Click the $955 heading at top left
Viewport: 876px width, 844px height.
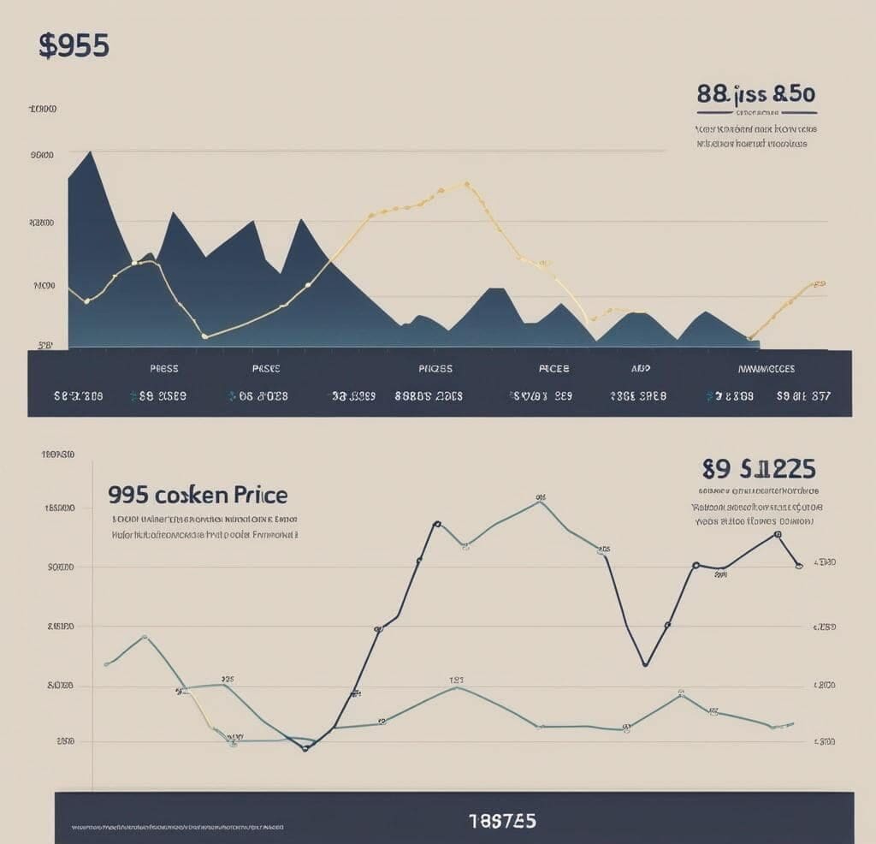pyautogui.click(x=74, y=46)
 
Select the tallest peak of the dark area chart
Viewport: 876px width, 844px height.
pyautogui.click(x=90, y=152)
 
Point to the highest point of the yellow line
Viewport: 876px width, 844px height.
pyautogui.click(x=465, y=183)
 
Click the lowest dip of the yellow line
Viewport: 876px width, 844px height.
pyautogui.click(x=204, y=336)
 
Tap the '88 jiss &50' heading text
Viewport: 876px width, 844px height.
pyautogui.click(x=756, y=93)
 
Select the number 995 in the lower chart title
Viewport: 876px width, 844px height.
pyautogui.click(x=128, y=495)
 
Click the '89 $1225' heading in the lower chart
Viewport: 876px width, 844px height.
pyautogui.click(x=758, y=469)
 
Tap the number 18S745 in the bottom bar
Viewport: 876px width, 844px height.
pyautogui.click(x=502, y=821)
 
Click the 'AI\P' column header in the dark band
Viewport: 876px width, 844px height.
pyautogui.click(x=641, y=369)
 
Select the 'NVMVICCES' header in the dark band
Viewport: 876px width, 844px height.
pyautogui.click(x=766, y=369)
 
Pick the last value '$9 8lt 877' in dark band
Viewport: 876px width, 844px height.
pyautogui.click(x=802, y=396)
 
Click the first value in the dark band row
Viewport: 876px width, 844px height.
pyautogui.click(x=78, y=396)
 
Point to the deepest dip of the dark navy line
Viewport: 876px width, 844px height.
pyautogui.click(x=305, y=749)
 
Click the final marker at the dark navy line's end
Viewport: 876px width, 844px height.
pyautogui.click(x=798, y=566)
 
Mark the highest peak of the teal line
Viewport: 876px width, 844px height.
pyautogui.click(x=540, y=502)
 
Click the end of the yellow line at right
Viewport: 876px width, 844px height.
pyautogui.click(x=820, y=283)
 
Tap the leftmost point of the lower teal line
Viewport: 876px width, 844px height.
pyautogui.click(x=106, y=663)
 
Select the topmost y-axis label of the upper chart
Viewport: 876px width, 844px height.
pyautogui.click(x=43, y=110)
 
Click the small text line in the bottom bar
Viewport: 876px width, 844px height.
pyautogui.click(x=178, y=829)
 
